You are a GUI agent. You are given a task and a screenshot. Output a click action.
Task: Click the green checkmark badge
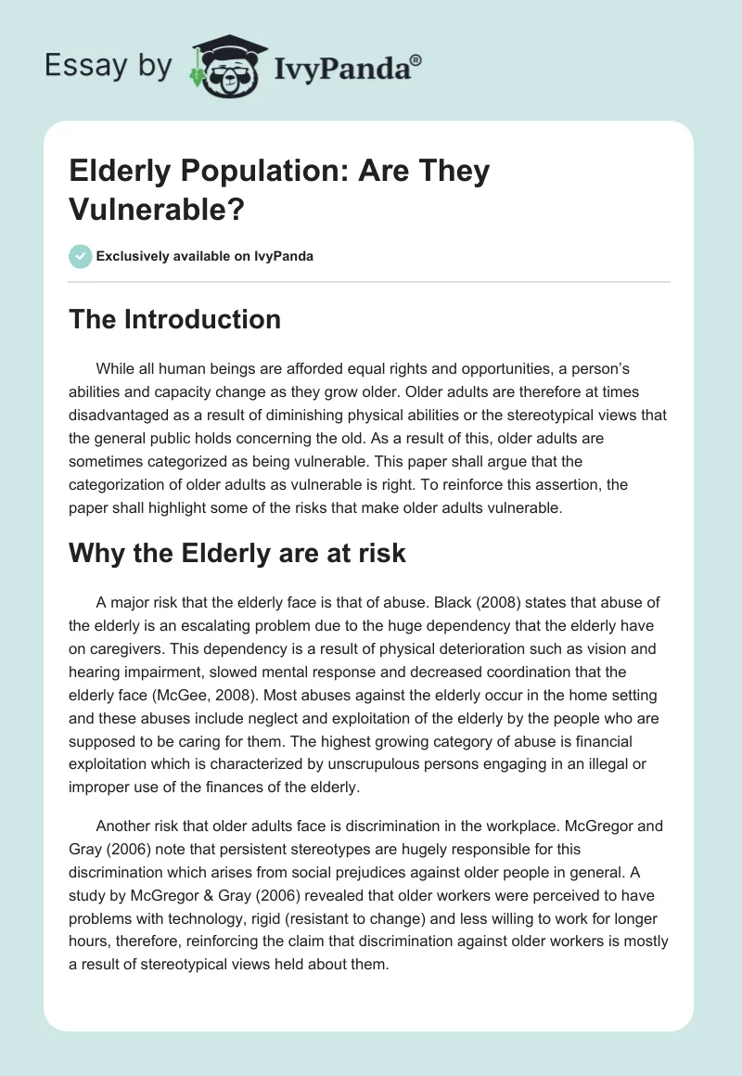81,256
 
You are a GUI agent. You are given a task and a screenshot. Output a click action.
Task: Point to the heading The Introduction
175,319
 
